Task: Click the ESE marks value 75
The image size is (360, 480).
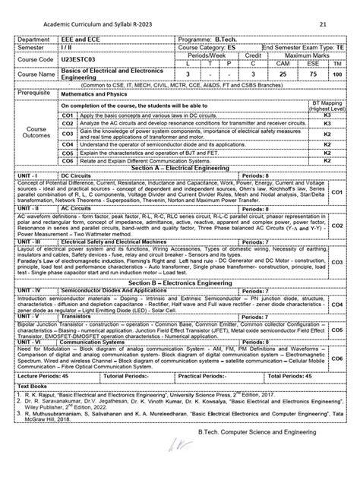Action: [311, 75]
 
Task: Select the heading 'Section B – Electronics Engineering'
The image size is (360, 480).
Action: [180, 282]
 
